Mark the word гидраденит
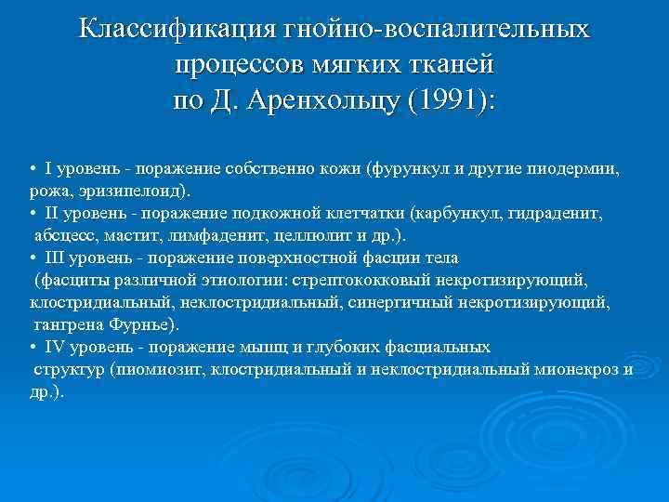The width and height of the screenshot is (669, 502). pyautogui.click(x=557, y=213)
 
